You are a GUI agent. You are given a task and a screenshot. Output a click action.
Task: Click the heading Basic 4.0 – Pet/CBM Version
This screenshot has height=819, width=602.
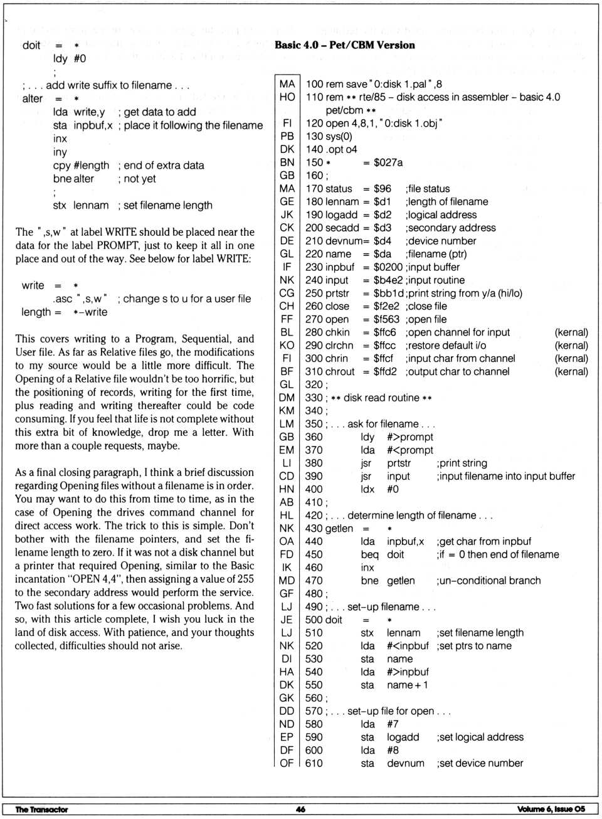tap(344, 45)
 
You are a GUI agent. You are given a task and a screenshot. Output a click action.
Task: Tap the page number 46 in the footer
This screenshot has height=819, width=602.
tap(300, 809)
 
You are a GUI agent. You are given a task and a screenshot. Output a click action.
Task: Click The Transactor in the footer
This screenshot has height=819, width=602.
tap(41, 809)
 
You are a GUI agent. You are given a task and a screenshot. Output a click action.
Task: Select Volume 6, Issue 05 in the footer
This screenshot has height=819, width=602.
tap(551, 809)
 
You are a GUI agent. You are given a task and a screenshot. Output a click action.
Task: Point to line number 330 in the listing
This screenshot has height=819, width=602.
tap(314, 398)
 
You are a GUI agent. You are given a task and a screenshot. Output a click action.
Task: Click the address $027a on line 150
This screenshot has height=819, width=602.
tap(388, 162)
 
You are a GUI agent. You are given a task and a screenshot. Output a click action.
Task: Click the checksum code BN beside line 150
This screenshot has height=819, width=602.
tap(287, 162)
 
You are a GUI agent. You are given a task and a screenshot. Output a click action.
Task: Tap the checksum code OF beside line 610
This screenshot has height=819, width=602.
tap(287, 763)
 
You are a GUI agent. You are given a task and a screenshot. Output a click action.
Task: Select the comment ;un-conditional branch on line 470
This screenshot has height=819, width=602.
tap(488, 581)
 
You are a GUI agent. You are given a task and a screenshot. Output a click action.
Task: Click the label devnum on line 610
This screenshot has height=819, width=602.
tap(405, 763)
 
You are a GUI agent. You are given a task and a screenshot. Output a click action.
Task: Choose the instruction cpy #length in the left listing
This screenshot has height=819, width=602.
tap(81, 166)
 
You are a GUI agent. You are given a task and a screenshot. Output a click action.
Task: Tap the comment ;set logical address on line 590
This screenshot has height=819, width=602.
tap(480, 737)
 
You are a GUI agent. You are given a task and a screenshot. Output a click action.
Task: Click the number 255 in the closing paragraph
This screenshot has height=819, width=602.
tap(245, 579)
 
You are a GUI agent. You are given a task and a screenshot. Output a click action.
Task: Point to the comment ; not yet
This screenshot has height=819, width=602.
tap(137, 179)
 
